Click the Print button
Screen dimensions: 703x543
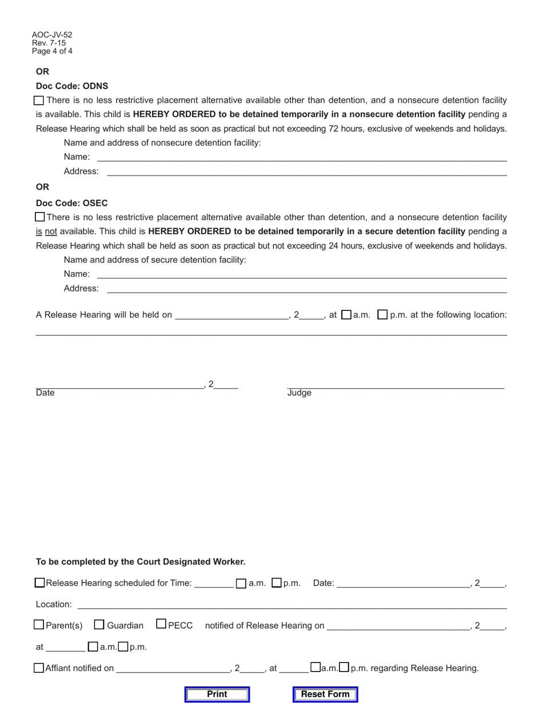217,694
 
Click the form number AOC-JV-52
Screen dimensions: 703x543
52,35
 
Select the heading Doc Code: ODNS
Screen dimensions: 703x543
72,86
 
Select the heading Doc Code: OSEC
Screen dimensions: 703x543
72,203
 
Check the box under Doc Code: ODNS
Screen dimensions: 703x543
39,101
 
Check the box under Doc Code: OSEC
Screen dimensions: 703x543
39,217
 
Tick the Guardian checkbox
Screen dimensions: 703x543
99,625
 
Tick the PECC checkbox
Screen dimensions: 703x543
161,625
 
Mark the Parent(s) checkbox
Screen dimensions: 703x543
39,625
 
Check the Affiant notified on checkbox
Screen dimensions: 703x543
39,668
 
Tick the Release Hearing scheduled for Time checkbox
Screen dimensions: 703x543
39,583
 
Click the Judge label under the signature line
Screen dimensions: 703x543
299,393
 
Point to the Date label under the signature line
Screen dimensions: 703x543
45,393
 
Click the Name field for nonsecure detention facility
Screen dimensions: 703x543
301,157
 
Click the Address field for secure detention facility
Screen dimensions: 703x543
307,289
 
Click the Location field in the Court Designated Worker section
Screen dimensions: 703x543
292,604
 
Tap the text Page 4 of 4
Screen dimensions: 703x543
52,51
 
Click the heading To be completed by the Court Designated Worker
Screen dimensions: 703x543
141,561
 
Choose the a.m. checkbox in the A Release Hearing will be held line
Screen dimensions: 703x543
346,315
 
